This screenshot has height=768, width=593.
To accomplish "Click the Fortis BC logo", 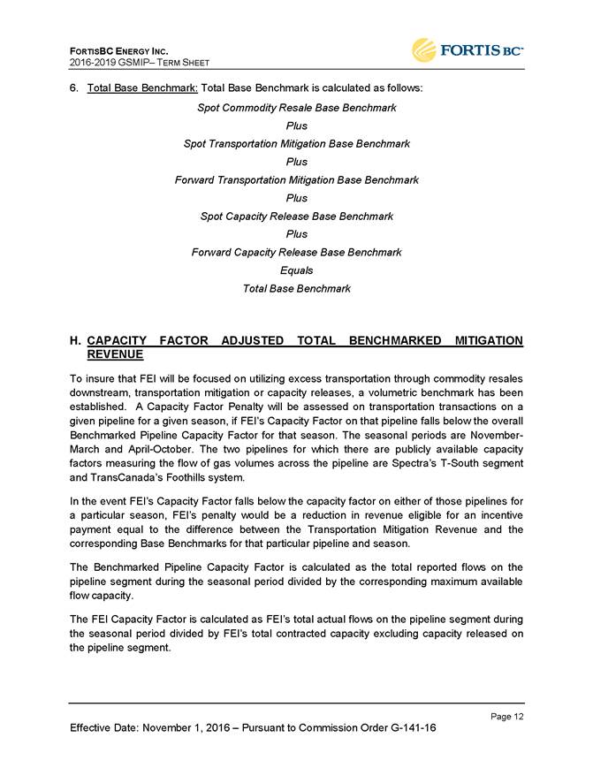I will pos(467,50).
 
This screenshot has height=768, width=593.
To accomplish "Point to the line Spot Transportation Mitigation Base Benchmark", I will pos(296,143).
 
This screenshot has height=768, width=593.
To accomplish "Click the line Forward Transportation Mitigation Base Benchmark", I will pos(296,179).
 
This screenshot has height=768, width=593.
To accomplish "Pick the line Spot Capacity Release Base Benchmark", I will pos(296,216).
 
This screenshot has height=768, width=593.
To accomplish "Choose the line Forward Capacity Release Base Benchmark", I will pos(296,252).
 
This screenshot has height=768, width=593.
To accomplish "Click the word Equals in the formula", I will pos(296,270).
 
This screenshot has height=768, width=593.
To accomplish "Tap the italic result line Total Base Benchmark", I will pos(296,288).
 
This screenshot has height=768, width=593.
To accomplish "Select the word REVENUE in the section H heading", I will pos(115,354).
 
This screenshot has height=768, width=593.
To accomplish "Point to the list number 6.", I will pos(74,89).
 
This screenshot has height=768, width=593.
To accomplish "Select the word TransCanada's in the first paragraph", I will pos(123,477).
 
